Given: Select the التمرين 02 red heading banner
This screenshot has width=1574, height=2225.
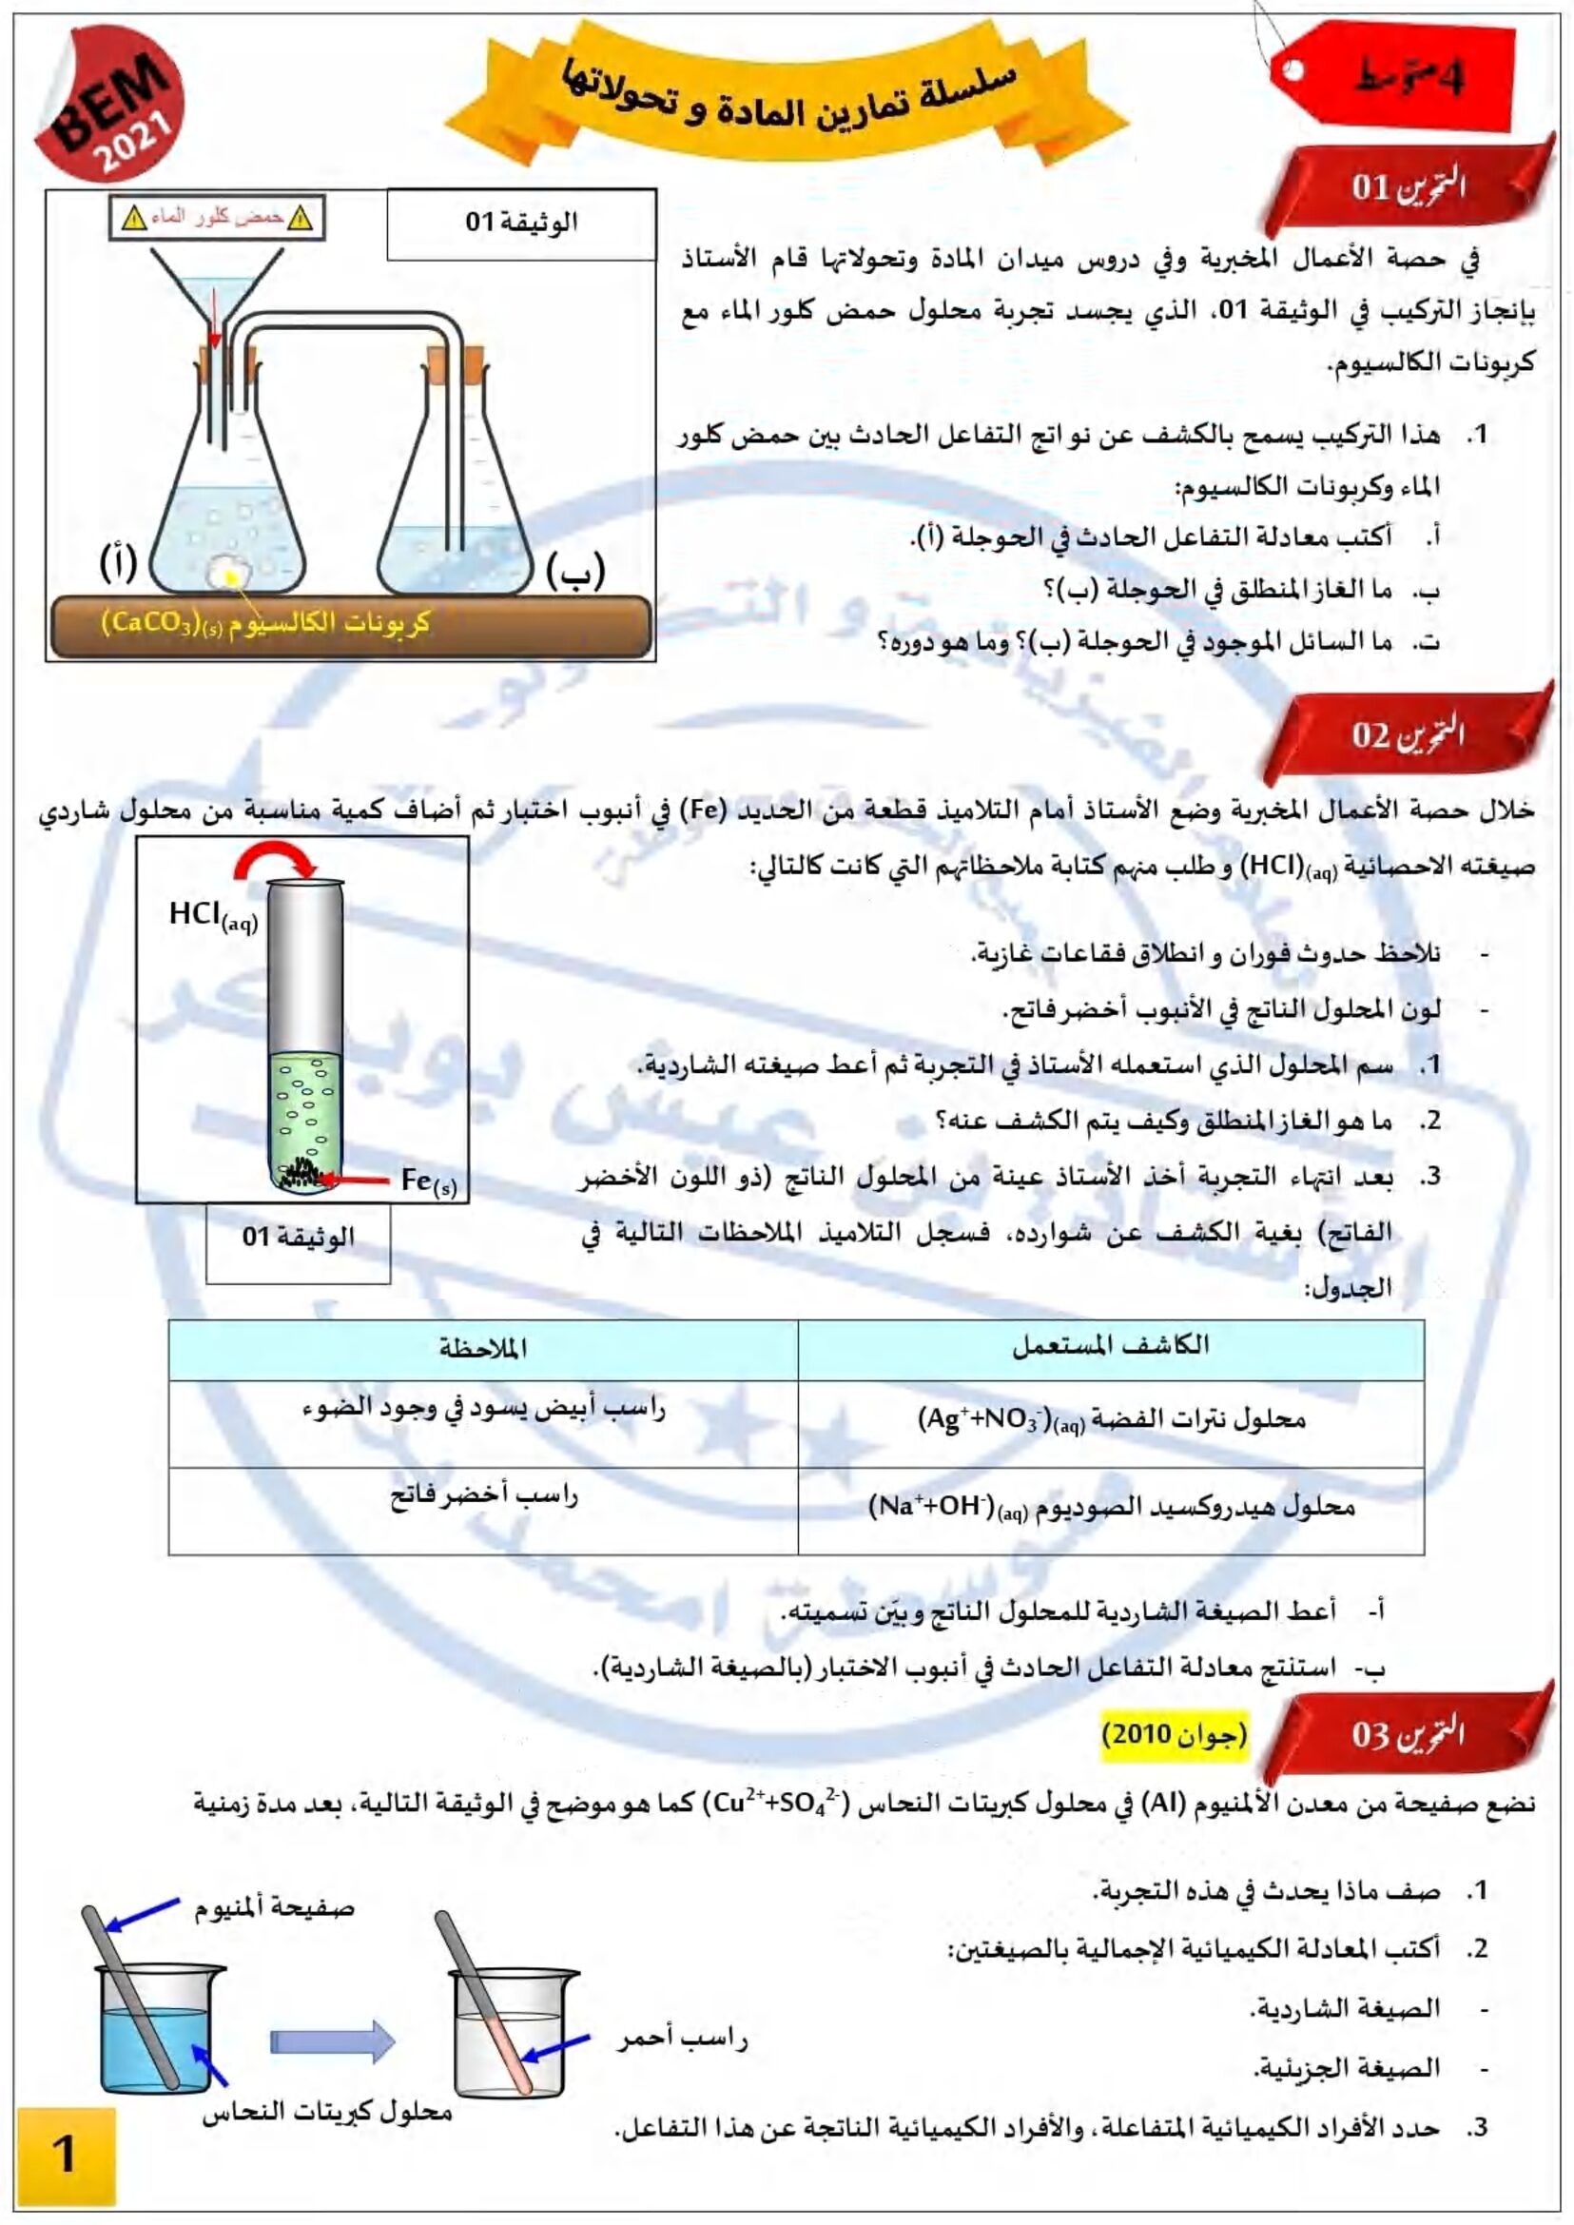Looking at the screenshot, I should pyautogui.click(x=1408, y=734).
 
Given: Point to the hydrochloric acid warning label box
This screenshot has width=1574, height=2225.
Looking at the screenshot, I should pyautogui.click(x=217, y=218).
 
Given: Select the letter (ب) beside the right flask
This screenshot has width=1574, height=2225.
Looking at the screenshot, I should pyautogui.click(x=575, y=571).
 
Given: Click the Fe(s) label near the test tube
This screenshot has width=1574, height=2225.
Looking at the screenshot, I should pyautogui.click(x=428, y=1181).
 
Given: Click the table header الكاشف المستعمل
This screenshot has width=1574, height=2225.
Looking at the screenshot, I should pyautogui.click(x=1111, y=1346).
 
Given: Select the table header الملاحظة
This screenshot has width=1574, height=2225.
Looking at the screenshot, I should pyautogui.click(x=483, y=1348).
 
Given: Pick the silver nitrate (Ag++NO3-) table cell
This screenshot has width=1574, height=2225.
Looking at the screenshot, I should pyautogui.click(x=1111, y=1420).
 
